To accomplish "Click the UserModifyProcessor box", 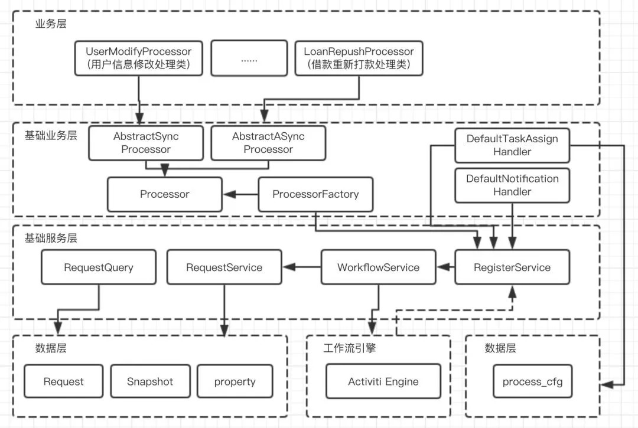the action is coord(139,58).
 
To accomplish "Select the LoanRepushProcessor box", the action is coord(359,58).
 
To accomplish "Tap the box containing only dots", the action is coord(249,58).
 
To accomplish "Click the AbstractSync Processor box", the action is coord(146,143).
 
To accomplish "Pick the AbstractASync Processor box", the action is coord(268,143).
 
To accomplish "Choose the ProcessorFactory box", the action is coord(315,194).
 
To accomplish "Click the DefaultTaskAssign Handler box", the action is coord(512,145).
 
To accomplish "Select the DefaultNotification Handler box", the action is coord(512,185).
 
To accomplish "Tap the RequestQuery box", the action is coord(99,267).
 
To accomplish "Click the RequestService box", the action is coord(224,267).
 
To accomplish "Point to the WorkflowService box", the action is coord(379,267).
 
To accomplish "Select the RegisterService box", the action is coord(512,267).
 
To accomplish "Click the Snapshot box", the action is coord(150,381).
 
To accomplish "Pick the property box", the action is coord(235,381).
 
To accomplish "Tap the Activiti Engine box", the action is coord(383,381).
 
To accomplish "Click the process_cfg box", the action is coord(533,381).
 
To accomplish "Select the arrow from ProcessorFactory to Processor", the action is coord(240,194).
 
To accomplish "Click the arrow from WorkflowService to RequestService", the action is coord(302,267).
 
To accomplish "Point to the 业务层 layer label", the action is coord(51,24).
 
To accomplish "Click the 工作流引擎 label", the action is coord(350,348).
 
